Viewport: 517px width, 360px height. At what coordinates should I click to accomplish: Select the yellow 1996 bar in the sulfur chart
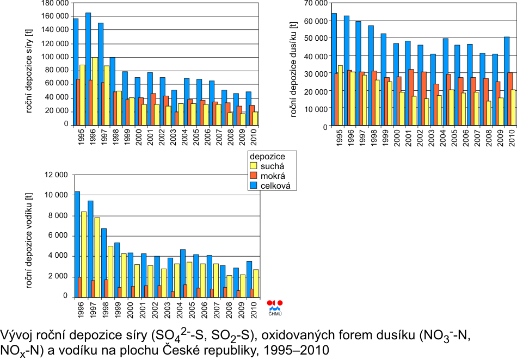click(x=95, y=90)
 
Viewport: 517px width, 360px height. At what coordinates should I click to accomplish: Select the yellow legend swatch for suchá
click(x=252, y=165)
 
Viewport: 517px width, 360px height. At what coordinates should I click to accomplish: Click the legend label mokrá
click(x=274, y=176)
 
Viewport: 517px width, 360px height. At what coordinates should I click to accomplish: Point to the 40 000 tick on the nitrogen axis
click(x=316, y=56)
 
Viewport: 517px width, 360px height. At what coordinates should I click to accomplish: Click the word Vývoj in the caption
click(x=17, y=334)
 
